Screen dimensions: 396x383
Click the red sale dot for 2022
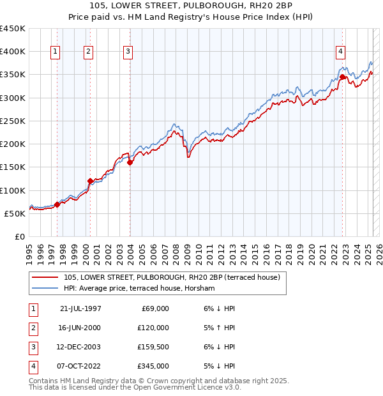click(343, 77)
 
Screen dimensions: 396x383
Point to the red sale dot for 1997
click(57, 204)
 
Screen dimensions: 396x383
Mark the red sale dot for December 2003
click(130, 163)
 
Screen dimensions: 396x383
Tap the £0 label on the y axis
click(20, 236)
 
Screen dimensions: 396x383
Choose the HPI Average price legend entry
click(139, 289)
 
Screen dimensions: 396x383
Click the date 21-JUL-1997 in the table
click(80, 308)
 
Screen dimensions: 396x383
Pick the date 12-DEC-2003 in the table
click(80, 347)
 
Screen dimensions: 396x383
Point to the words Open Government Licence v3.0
click(193, 387)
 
